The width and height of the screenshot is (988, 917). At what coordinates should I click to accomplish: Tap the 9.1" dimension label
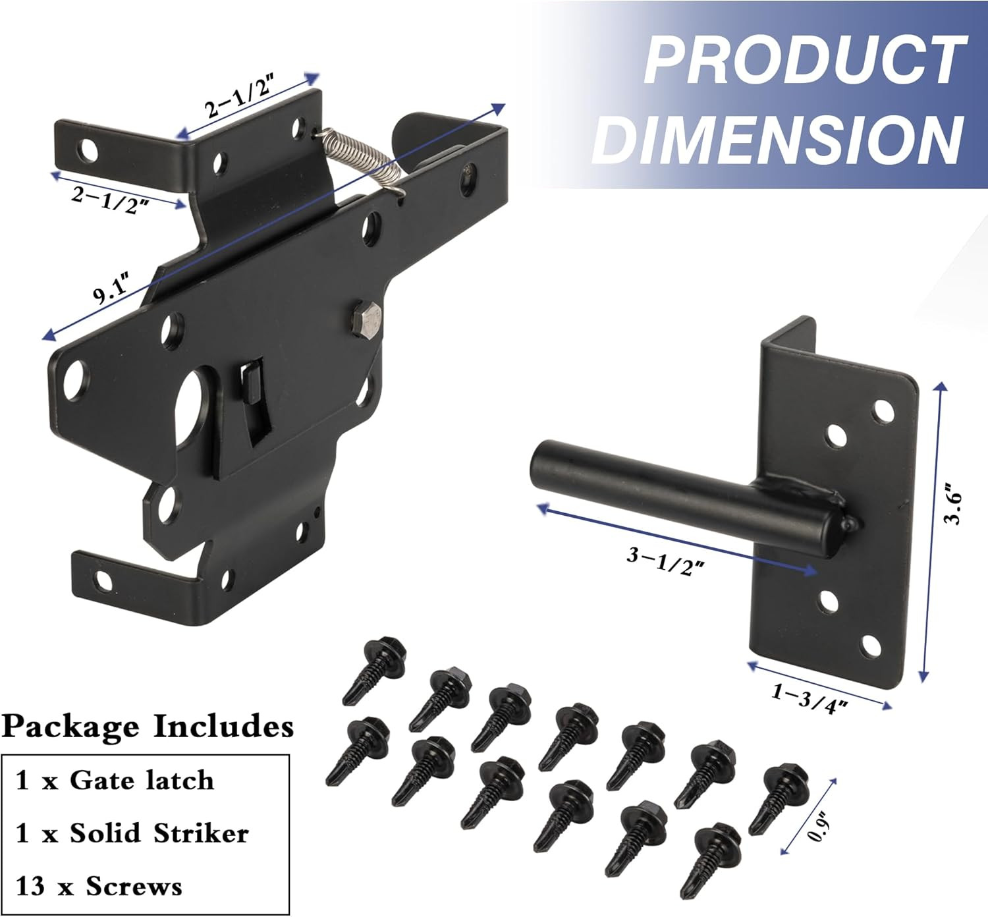click(x=113, y=288)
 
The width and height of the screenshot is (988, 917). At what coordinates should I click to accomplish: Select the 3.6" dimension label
click(x=953, y=503)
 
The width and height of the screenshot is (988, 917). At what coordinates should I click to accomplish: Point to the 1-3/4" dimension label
click(x=808, y=699)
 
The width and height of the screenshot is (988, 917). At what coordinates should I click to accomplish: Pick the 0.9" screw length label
click(x=818, y=827)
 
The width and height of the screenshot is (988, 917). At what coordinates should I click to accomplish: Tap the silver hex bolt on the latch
click(x=367, y=320)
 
